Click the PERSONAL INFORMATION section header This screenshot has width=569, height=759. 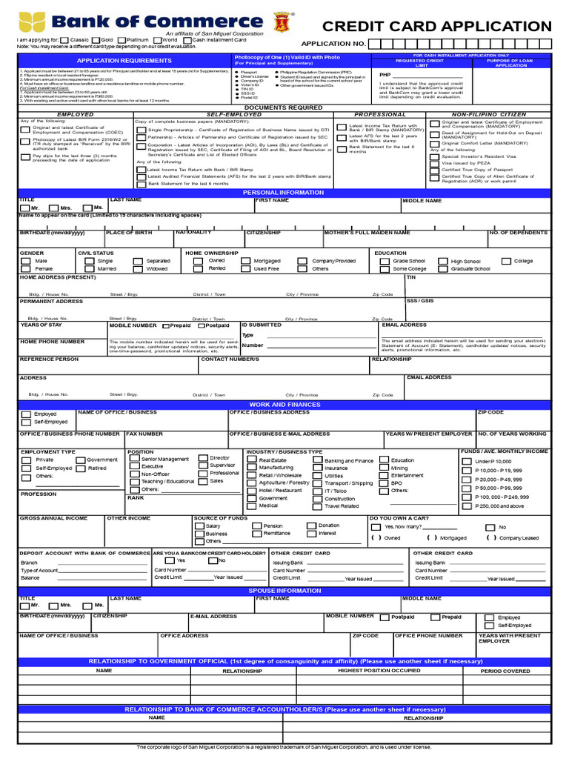point(284,193)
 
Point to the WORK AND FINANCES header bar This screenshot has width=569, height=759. point(284,405)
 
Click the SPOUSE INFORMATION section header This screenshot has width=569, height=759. point(284,591)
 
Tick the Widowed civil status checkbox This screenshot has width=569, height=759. point(139,269)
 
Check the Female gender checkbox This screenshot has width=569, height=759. point(26,269)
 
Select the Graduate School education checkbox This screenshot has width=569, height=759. point(442,269)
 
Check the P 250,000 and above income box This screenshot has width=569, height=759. point(466,506)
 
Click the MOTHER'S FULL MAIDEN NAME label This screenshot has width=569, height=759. point(366,233)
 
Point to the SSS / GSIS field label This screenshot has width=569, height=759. point(419,301)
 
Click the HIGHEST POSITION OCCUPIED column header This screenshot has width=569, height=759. point(379,671)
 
